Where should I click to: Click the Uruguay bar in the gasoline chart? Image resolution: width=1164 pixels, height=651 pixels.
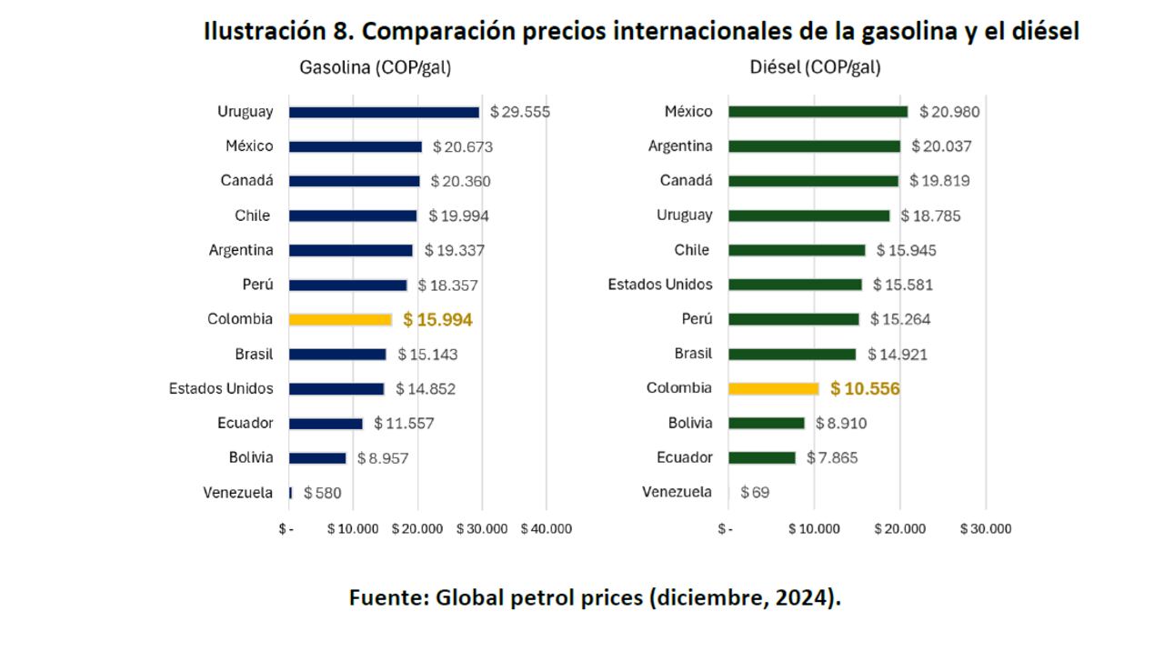(x=384, y=112)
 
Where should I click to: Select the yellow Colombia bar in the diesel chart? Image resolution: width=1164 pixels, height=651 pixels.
(x=773, y=388)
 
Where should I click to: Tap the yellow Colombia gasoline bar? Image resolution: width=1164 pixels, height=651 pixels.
(x=340, y=319)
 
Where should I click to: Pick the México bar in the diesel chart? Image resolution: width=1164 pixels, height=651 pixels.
(x=818, y=112)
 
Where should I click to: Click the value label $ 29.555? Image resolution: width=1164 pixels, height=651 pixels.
(x=520, y=112)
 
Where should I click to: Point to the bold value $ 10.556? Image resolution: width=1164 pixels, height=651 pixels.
(x=865, y=389)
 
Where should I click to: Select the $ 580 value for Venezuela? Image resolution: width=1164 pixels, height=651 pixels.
(x=323, y=493)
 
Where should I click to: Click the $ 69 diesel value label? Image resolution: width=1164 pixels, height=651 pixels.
(x=755, y=493)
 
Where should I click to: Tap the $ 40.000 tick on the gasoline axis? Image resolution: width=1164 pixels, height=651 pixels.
(x=547, y=528)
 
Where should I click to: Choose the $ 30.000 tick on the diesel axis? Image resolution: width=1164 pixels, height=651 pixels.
(x=986, y=528)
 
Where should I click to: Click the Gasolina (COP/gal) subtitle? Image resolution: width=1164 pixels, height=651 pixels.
(x=376, y=67)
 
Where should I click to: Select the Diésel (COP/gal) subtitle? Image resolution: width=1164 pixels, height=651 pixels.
(x=815, y=67)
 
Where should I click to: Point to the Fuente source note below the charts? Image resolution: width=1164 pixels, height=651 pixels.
(x=595, y=597)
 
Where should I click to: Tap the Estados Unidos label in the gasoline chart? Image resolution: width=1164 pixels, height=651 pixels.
(x=221, y=388)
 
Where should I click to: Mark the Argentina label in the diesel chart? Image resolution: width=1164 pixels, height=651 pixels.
(x=680, y=146)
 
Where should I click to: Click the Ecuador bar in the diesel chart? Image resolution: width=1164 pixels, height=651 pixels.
(x=762, y=457)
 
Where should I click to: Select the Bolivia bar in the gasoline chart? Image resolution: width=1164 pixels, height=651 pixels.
(x=317, y=458)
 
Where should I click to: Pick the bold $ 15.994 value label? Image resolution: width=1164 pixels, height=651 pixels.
(x=437, y=320)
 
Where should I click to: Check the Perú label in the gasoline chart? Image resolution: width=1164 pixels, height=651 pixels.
(x=257, y=285)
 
